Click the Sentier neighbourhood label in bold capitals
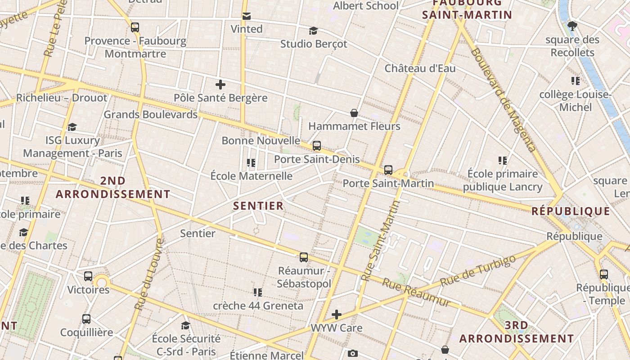258,206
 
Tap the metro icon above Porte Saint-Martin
388,170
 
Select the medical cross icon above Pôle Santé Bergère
220,85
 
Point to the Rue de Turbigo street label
477,270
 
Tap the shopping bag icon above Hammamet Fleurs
354,113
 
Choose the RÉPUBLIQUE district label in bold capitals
571,211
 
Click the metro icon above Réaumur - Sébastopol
304,257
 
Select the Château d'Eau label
420,68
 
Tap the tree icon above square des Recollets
572,26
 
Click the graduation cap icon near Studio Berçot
313,31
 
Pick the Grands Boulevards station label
150,114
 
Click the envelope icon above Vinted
247,16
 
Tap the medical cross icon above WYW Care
337,315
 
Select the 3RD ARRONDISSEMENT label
517,332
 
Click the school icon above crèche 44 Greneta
257,292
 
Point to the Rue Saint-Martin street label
381,241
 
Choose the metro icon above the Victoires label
88,276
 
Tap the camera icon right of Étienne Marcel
353,353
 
